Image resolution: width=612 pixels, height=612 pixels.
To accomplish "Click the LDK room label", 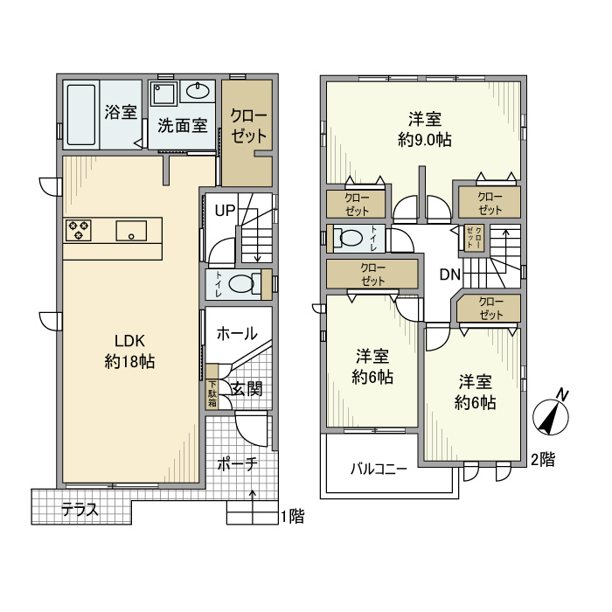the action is point(129,341).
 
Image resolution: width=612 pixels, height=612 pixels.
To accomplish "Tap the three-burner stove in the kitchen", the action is point(78,230).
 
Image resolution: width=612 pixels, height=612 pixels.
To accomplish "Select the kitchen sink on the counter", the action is point(131,231).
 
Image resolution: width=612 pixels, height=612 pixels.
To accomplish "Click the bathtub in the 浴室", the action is point(81,115).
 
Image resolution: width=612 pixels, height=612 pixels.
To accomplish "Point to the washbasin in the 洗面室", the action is point(198,91).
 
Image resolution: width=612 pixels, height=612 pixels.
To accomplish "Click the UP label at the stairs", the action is point(226,211).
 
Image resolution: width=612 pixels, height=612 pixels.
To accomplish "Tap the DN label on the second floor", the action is point(450,275).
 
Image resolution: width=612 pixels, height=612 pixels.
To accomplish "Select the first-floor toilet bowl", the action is point(241,284).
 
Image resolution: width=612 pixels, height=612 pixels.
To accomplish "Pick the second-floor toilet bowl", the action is point(350,238).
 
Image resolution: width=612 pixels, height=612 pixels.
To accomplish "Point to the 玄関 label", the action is point(247,389).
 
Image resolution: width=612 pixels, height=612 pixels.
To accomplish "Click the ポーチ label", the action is point(237,464).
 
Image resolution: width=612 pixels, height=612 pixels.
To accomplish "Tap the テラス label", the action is point(80,510).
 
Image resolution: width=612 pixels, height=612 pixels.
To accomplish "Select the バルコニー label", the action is point(379,469).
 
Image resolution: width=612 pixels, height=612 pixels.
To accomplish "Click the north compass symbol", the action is point(551,415).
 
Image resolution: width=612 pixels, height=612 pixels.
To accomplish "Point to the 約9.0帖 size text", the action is point(425,139).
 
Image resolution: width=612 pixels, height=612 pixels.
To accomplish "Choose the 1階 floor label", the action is point(292,517).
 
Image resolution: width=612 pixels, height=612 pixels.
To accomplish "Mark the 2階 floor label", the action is point(543,460).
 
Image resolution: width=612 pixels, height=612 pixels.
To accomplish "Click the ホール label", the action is point(237,334).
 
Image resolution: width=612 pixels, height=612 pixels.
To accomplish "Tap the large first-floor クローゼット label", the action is point(248,126).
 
